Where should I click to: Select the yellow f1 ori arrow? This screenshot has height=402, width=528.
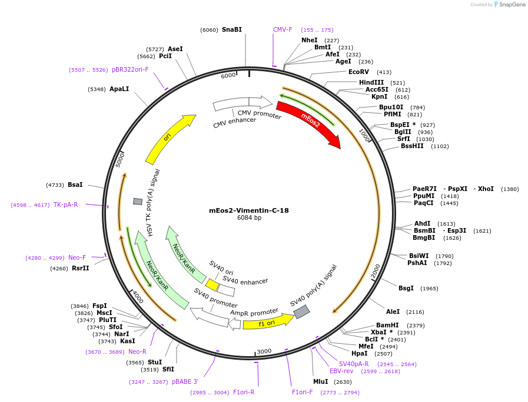pos(268,322)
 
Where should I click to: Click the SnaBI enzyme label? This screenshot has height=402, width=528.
pos(231,29)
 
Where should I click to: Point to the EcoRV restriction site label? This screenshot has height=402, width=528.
pos(358,72)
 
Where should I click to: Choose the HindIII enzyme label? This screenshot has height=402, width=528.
pos(371,82)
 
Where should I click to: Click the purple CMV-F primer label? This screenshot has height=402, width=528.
pos(283,29)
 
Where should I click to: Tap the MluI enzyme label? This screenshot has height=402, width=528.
pos(320,381)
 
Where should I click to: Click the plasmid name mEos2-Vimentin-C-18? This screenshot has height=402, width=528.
pos(248,210)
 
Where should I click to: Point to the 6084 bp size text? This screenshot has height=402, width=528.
pos(248,218)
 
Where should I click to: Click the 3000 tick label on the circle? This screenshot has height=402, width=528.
pos(264,351)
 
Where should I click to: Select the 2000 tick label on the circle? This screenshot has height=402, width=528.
pos(376,270)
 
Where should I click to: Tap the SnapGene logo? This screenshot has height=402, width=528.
pos(510,5)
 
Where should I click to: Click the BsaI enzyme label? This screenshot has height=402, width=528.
pos(75,185)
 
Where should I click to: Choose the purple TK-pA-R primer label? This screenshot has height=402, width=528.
pos(65,205)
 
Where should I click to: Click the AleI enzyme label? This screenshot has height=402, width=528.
pos(393,311)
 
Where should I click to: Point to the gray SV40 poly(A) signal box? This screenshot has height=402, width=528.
pos(301,311)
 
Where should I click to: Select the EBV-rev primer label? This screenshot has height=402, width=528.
pos(341,371)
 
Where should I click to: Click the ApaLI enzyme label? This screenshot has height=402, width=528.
pos(119,89)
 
